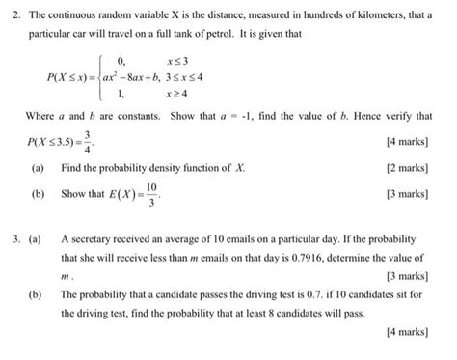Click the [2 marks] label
(x=408, y=167)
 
